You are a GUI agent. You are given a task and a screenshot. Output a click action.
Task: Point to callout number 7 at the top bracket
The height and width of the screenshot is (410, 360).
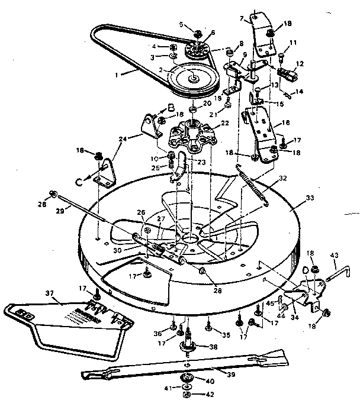pyautogui.click(x=242, y=19)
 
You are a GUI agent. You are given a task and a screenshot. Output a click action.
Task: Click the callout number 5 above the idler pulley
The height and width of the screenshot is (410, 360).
pyautogui.click(x=182, y=24)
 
